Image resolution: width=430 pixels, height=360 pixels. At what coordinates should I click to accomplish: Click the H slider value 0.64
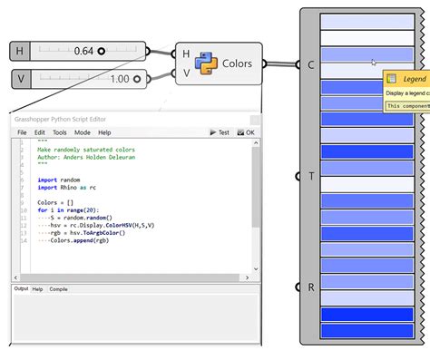pyautogui.click(x=81, y=51)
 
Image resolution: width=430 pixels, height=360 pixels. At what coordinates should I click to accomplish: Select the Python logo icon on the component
pyautogui.click(x=207, y=63)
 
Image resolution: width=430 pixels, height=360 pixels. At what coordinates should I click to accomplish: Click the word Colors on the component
pyautogui.click(x=237, y=63)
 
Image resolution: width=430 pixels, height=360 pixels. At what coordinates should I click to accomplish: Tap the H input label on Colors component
pyautogui.click(x=186, y=54)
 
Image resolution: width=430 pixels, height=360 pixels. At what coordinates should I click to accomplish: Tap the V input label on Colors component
pyautogui.click(x=186, y=73)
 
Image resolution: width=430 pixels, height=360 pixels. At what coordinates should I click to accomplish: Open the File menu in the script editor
pyautogui.click(x=23, y=132)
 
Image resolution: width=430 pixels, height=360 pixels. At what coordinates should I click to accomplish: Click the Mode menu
pyautogui.click(x=83, y=132)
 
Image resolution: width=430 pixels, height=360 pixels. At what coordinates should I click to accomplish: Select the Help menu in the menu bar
pyautogui.click(x=104, y=132)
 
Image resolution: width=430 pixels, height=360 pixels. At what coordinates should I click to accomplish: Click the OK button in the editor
pyautogui.click(x=246, y=132)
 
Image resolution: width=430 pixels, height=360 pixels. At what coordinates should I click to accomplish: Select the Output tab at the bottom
pyautogui.click(x=22, y=289)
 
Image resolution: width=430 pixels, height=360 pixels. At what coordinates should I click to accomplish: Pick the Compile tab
pyautogui.click(x=58, y=289)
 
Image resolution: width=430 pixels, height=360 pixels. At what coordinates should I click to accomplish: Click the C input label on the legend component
pyautogui.click(x=312, y=64)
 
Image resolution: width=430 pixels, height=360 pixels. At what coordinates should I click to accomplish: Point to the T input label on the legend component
pyautogui.click(x=312, y=176)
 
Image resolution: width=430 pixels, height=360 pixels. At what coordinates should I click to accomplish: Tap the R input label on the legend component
pyautogui.click(x=312, y=287)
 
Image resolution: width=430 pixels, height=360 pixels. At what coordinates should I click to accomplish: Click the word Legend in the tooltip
pyautogui.click(x=414, y=80)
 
